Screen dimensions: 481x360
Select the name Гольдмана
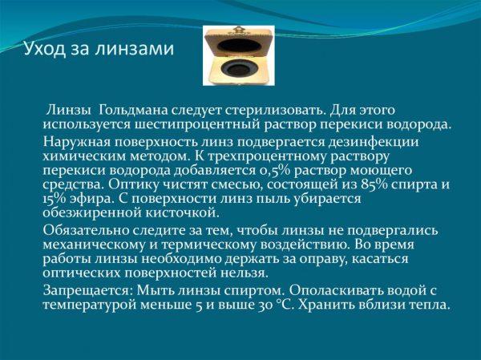(133, 111)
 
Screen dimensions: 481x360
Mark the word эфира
(91, 200)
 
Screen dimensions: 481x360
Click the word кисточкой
(183, 213)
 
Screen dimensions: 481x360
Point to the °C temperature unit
(285, 305)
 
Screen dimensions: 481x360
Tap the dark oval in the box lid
(240, 46)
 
